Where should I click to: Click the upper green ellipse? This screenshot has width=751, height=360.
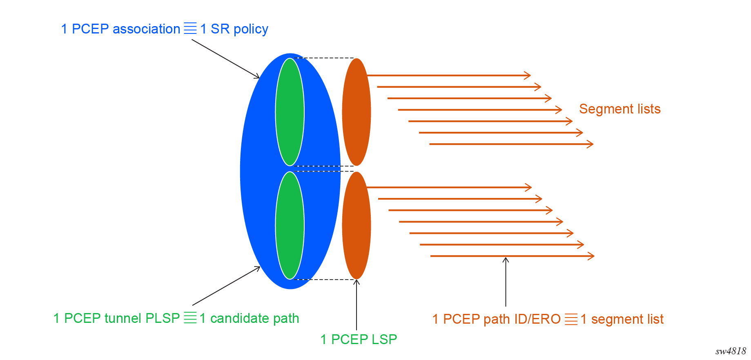point(290,112)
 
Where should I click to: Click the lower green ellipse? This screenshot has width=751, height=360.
point(290,225)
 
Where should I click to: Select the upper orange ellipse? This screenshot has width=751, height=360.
point(357,112)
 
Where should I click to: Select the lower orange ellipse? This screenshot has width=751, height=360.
point(357,225)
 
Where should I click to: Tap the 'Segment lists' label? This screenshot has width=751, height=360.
point(620,109)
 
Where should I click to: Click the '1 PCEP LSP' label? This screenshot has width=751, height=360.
point(359,339)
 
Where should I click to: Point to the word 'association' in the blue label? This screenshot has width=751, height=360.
point(146,29)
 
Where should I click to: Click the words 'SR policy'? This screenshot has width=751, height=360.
point(239,29)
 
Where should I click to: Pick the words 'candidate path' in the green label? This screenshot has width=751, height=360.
point(254,318)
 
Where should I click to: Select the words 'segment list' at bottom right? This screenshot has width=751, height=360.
point(627,319)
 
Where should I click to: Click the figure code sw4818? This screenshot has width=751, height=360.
point(731,351)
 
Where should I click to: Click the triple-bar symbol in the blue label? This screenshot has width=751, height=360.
point(190,29)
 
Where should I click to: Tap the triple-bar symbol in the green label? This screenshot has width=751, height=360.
point(190,318)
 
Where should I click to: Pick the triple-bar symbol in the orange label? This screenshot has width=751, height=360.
point(571,319)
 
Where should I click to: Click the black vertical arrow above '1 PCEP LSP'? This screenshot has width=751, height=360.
point(357,304)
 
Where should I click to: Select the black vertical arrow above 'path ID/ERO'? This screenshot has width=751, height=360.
point(506,282)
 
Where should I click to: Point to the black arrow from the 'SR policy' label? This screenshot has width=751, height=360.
point(225,59)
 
